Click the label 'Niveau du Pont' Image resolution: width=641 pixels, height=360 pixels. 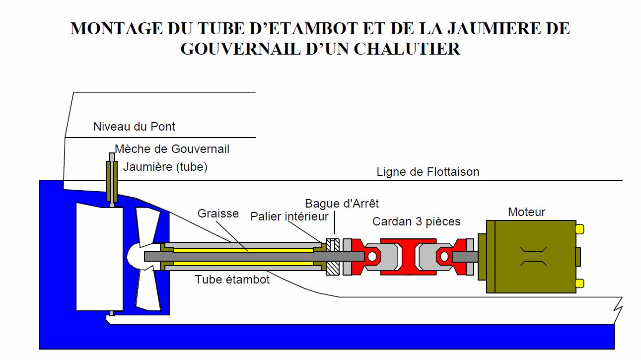(x=134, y=127)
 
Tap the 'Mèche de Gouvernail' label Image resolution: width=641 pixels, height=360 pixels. (x=172, y=149)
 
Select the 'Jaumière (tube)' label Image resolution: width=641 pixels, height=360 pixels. (x=165, y=167)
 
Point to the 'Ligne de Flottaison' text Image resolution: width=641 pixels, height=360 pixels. (x=428, y=172)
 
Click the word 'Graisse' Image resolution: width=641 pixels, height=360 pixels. (x=218, y=214)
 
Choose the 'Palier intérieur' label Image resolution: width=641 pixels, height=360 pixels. (x=289, y=216)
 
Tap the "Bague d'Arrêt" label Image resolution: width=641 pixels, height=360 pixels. (x=342, y=204)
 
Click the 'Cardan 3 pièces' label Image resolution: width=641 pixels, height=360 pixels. (x=417, y=221)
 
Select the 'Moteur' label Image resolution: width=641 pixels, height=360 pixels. (x=526, y=213)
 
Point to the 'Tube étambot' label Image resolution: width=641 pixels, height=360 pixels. (x=232, y=280)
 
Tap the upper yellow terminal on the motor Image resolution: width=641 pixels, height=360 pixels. (x=579, y=229)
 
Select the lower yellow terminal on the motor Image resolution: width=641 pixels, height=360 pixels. (x=579, y=284)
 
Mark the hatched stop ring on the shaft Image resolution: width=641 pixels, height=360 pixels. (x=332, y=257)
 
